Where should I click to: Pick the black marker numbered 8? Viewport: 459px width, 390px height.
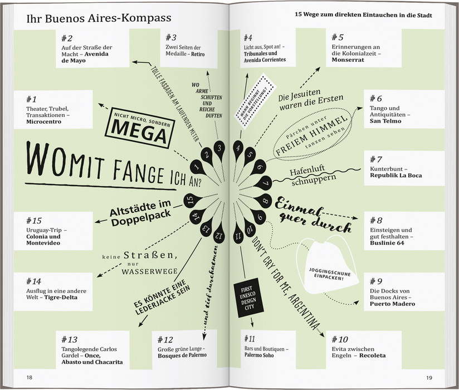pyautogui.click(x=265, y=201)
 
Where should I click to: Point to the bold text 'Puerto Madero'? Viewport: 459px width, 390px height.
pyautogui.click(x=392, y=304)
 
